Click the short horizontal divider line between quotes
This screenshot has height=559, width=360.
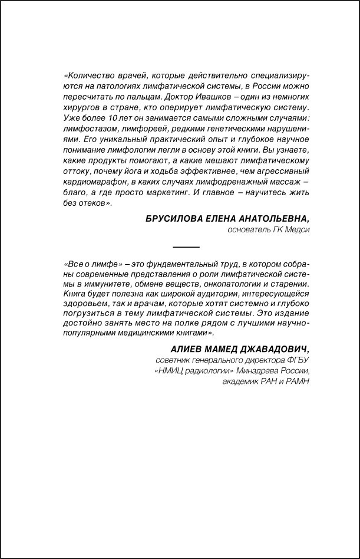186,246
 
